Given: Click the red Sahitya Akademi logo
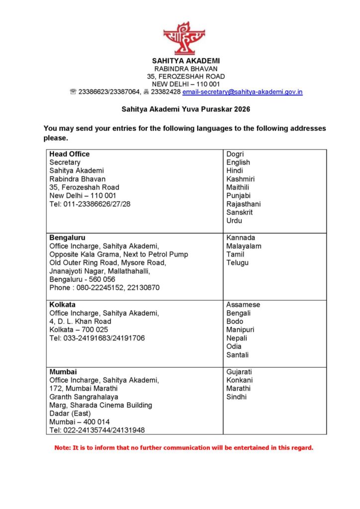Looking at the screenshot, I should (184, 38).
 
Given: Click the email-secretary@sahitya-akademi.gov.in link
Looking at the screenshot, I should (242, 92).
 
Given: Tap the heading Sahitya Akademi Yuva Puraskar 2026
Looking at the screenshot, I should (186, 108).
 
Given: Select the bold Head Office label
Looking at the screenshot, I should (70, 154).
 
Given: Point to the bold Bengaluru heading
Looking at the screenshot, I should (67, 238).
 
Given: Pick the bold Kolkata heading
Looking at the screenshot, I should (63, 305).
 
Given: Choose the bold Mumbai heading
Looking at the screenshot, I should (63, 372).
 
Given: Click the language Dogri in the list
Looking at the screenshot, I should (235, 154).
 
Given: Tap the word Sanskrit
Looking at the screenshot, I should (240, 212).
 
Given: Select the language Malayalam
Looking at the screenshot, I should (244, 246).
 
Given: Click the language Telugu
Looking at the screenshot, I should (237, 263).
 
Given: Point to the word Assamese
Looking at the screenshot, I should (243, 305).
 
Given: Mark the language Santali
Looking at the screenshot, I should (238, 355).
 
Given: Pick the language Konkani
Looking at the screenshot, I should (239, 380).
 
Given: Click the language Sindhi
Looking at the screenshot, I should (236, 397).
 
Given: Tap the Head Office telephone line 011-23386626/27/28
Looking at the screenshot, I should (90, 204).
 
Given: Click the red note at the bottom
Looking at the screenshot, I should (184, 448).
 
